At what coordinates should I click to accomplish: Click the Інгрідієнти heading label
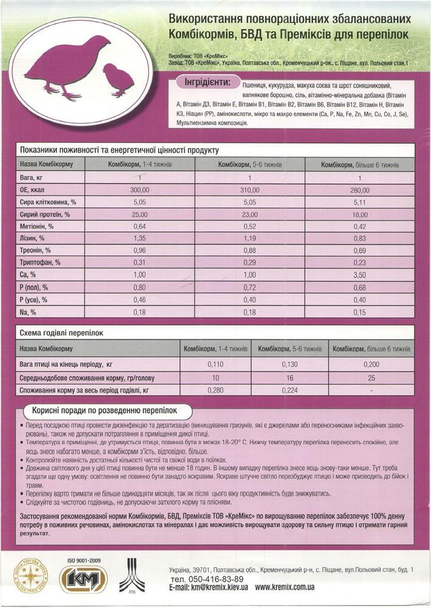click(x=206, y=82)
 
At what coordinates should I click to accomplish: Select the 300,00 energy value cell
click(x=139, y=190)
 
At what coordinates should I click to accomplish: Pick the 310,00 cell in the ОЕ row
click(x=250, y=190)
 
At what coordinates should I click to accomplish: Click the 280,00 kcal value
click(x=360, y=190)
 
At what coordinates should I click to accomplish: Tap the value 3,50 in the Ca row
click(x=360, y=275)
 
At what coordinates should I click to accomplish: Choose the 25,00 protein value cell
click(x=139, y=214)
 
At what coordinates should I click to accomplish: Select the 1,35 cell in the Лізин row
click(x=139, y=238)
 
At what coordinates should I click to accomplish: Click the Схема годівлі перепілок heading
click(x=62, y=333)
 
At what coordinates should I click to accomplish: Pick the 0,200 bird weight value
click(x=371, y=364)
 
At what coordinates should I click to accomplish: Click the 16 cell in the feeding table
click(x=289, y=377)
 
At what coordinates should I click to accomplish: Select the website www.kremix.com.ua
click(x=285, y=588)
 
